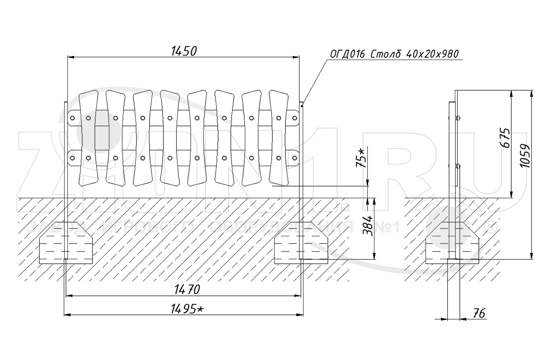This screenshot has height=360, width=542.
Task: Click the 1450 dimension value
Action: tap(184, 51)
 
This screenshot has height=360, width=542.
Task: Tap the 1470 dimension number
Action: tap(187, 290)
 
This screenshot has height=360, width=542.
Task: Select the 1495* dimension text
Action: tap(187, 309)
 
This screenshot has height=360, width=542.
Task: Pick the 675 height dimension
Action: tap(505, 138)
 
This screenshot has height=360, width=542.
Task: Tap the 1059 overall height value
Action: tap(524, 156)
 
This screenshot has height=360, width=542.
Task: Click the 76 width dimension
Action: tap(479, 313)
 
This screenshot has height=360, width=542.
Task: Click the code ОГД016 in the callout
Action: tap(347, 54)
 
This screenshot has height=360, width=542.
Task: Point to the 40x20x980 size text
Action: tap(432, 54)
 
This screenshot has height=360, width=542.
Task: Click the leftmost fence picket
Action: tap(89, 138)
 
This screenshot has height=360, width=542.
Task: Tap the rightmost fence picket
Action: tap(279, 138)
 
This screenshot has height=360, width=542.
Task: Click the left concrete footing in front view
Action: tap(66, 243)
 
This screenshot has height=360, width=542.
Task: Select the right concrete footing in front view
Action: tap(301, 243)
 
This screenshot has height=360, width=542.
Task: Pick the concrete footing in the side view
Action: tap(452, 243)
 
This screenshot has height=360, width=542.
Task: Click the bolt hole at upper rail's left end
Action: tap(72, 118)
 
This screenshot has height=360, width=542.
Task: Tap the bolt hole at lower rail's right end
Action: tap(294, 158)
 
